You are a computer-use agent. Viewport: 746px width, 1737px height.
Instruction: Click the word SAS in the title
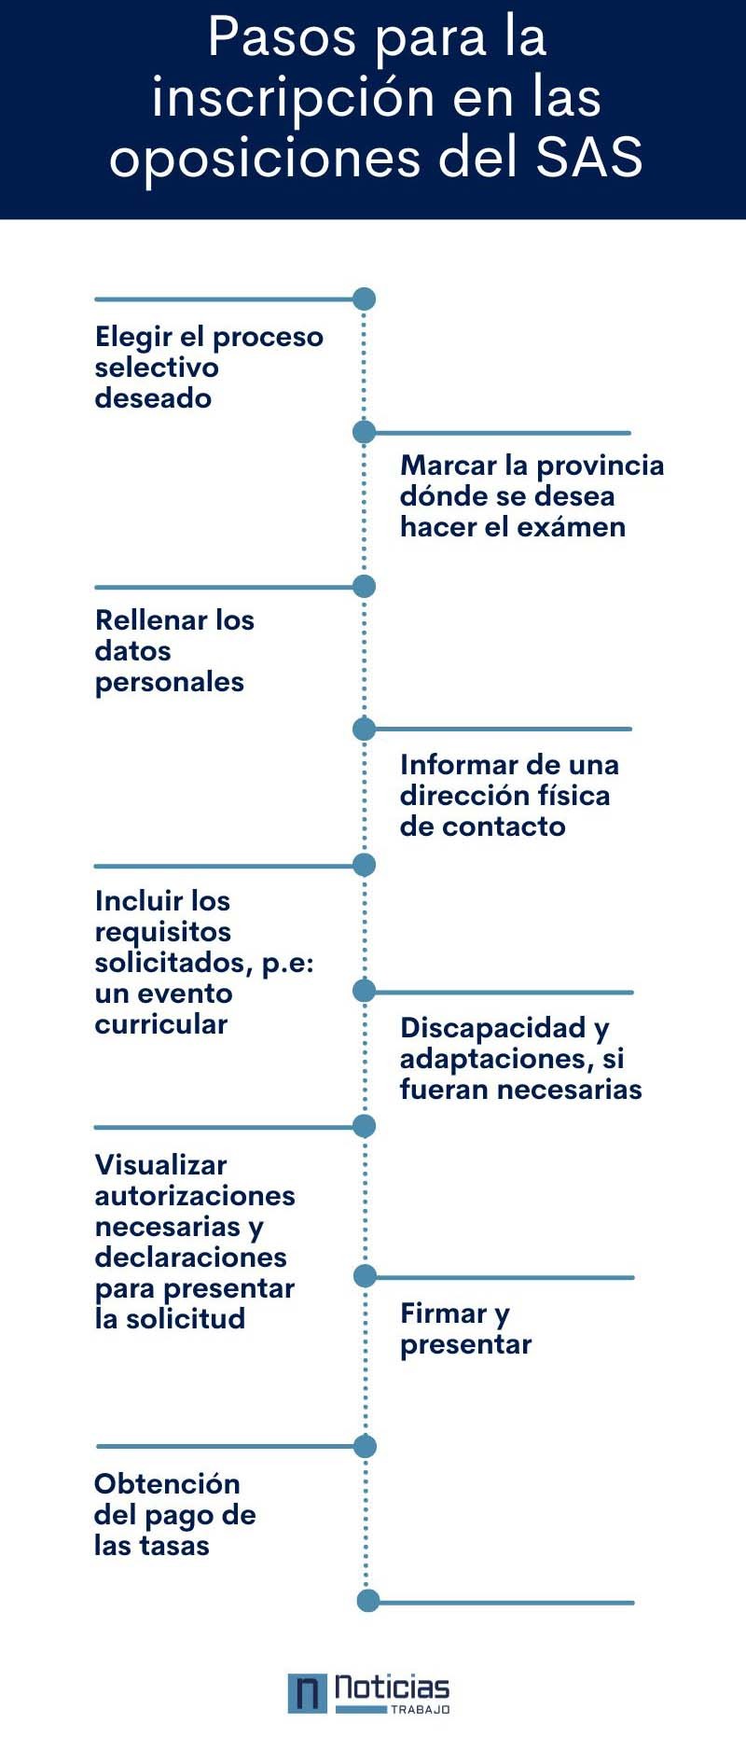(x=589, y=157)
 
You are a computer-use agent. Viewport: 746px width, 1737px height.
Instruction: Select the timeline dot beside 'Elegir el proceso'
(x=365, y=299)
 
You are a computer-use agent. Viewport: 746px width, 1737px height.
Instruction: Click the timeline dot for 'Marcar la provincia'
(x=365, y=432)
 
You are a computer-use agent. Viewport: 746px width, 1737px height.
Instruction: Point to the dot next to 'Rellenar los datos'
(x=365, y=586)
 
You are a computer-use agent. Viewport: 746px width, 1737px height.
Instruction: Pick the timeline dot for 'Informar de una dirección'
(x=365, y=728)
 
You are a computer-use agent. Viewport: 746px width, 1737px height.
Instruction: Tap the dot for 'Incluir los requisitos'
(x=365, y=865)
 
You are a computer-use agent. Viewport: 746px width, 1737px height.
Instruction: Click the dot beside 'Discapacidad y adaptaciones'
(x=365, y=991)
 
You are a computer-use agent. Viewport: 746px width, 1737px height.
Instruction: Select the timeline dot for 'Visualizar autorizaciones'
(x=365, y=1126)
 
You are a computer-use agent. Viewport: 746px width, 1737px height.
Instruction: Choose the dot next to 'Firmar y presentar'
(x=365, y=1275)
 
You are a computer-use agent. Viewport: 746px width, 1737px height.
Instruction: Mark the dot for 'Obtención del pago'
(x=366, y=1446)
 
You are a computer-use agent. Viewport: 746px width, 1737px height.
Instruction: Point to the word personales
(x=170, y=683)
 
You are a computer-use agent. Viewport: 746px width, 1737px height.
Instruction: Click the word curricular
(x=161, y=1023)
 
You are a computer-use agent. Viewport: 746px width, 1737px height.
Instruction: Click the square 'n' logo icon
(x=308, y=1693)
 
